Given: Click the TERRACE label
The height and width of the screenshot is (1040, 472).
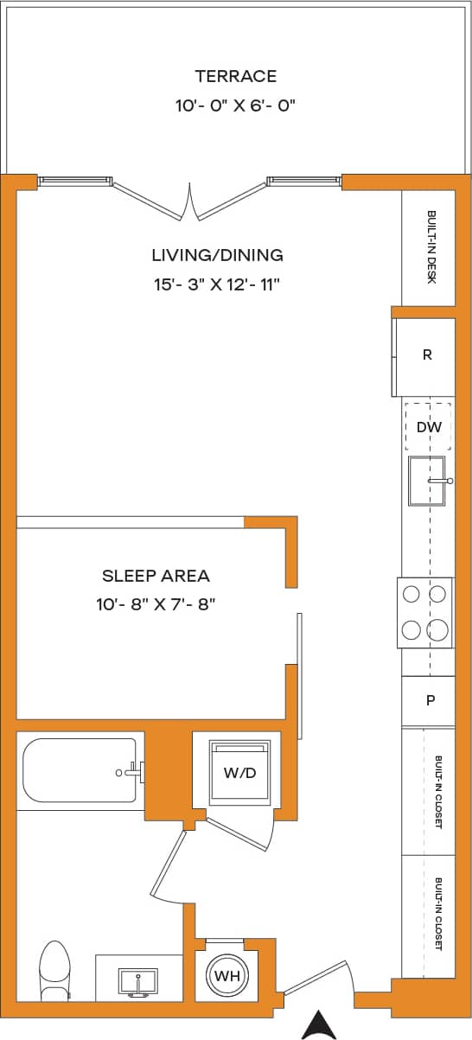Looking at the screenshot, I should (235, 76).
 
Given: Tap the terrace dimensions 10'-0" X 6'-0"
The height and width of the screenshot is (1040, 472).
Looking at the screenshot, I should (235, 105).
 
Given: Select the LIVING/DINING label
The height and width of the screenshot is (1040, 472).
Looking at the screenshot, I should (217, 255).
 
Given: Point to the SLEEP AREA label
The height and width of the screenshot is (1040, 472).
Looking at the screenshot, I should (156, 576).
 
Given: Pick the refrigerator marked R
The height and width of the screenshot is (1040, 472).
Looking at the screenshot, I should (426, 354).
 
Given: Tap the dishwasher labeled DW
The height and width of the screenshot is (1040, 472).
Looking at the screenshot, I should (429, 427).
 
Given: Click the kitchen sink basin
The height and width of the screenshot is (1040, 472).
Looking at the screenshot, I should (427, 481).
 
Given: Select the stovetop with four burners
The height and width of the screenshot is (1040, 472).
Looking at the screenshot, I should (424, 612).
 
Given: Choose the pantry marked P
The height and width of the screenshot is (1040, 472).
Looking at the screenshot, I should (430, 701).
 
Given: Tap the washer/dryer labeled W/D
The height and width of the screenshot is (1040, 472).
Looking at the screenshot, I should (240, 773).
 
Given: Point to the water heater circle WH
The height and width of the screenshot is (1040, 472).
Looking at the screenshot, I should (226, 976).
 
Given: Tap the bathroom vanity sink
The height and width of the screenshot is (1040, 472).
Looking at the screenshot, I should (138, 981).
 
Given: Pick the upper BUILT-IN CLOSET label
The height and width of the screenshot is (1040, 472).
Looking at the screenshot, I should (438, 792).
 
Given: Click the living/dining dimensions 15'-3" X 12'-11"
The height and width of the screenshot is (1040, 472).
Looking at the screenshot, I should (217, 284).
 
